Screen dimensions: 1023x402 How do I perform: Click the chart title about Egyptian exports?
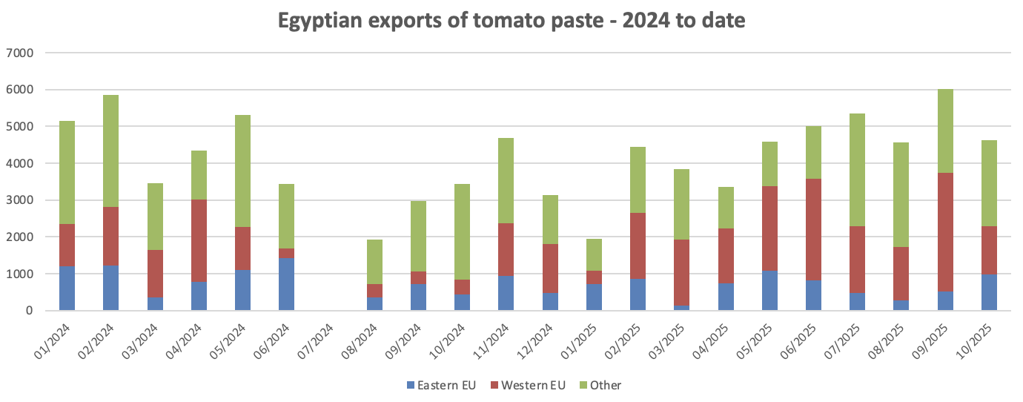coord(512,21)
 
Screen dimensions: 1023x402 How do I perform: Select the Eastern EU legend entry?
coord(441,385)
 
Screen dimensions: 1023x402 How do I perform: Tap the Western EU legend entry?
coord(528,385)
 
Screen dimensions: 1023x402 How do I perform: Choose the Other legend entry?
coord(600,385)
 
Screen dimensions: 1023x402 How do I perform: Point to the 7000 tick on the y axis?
coord(20,53)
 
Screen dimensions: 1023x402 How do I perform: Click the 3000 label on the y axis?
coord(20,200)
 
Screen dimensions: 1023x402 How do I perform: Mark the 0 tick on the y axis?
coord(30,311)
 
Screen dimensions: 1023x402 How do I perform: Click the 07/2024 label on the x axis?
coord(316,340)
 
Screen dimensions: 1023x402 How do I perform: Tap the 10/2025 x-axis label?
coord(973,340)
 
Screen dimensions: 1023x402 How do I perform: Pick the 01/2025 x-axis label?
coord(579,340)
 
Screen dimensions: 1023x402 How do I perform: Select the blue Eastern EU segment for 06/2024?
coord(286,284)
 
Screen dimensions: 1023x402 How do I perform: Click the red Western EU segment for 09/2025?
coord(945,232)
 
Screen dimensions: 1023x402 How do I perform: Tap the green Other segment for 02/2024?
coord(110,151)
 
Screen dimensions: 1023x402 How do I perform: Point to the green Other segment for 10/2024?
coord(462,232)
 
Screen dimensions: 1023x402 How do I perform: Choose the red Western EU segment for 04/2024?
coord(199,241)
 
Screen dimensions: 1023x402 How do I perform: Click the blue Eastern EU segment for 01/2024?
coord(67,289)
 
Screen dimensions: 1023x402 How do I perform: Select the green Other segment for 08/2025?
coord(901,195)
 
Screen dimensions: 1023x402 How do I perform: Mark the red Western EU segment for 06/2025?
coord(813,230)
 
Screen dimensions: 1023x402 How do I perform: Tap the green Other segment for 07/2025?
coord(857,170)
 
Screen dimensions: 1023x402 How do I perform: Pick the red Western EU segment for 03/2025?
coord(681,273)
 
